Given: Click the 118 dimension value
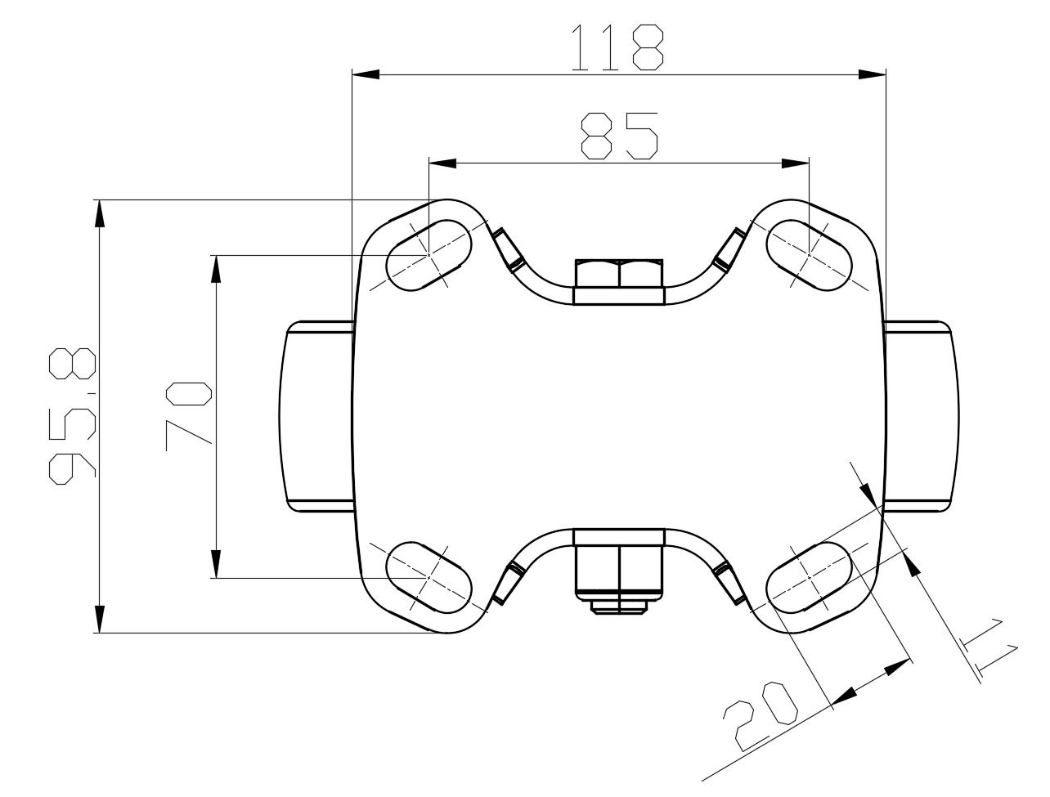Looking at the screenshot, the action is pyautogui.click(x=617, y=47).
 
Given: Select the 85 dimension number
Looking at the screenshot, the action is pyautogui.click(x=620, y=136).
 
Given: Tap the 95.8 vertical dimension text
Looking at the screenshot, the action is pyautogui.click(x=72, y=416).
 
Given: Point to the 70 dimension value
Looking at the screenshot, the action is pyautogui.click(x=188, y=416).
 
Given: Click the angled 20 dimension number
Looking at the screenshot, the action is pyautogui.click(x=760, y=716).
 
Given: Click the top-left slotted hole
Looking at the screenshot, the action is pyautogui.click(x=429, y=255).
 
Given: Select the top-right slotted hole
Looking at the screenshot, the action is pyautogui.click(x=809, y=255).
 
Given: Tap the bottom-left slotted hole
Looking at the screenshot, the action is pyautogui.click(x=429, y=578).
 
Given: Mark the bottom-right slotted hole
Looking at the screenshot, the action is pyautogui.click(x=809, y=578).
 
